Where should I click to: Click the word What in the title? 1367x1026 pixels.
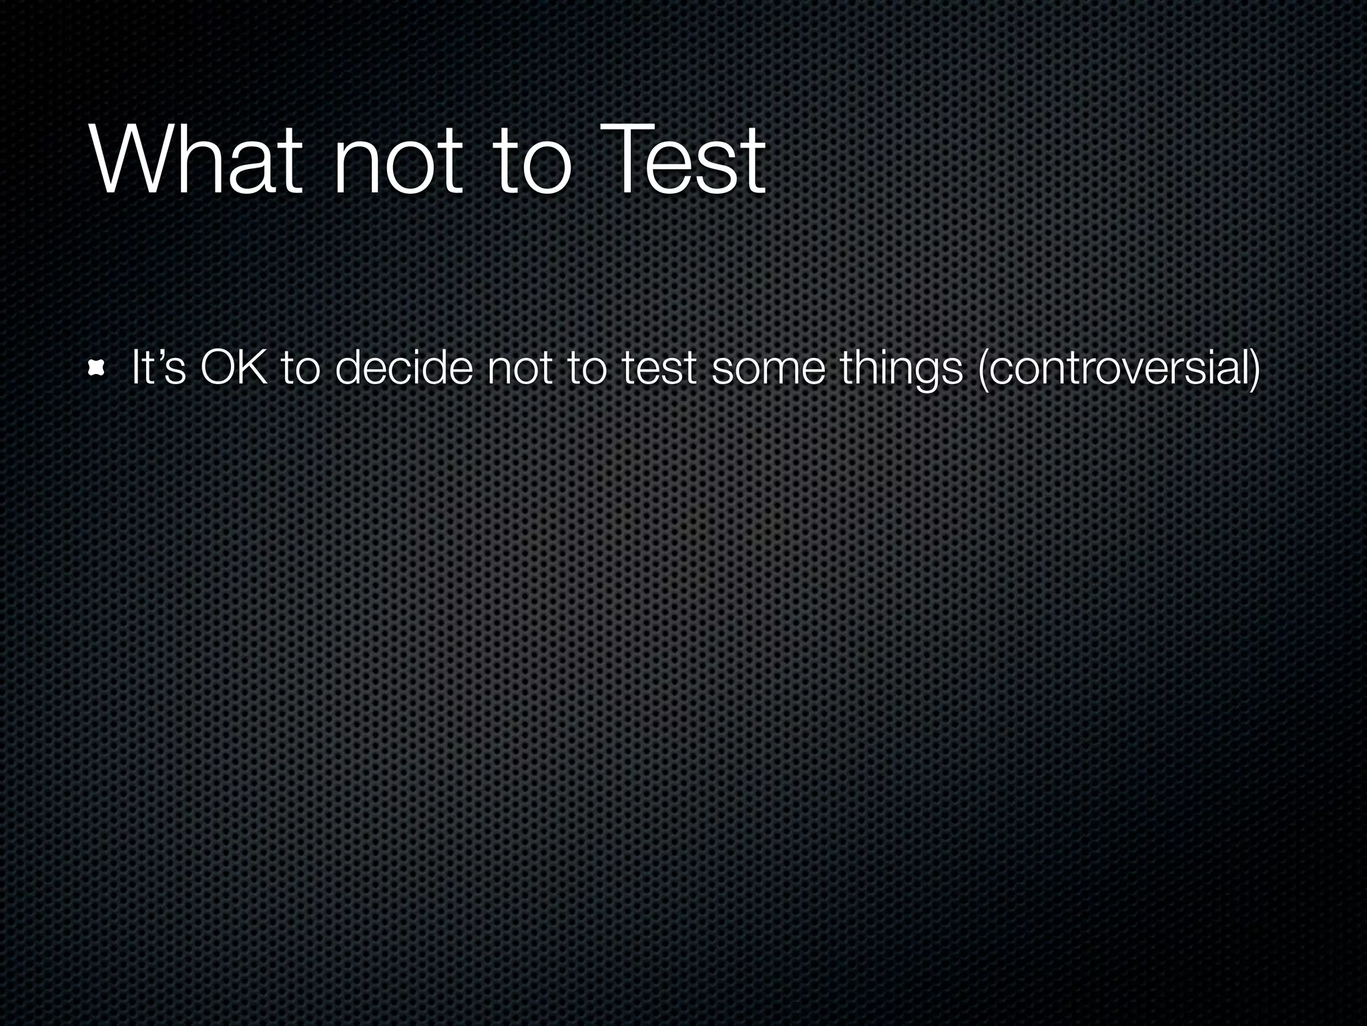point(194,160)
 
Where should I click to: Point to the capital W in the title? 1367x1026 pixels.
point(127,160)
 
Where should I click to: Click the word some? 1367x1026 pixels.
point(768,371)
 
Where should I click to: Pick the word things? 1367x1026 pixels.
point(901,369)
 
